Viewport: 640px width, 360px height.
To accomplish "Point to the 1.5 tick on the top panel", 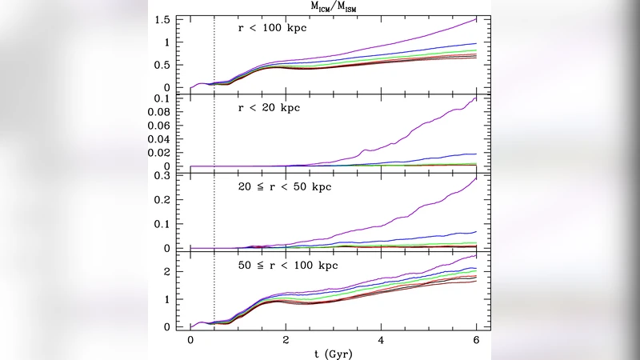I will point(162,19).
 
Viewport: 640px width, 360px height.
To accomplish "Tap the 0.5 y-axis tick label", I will point(162,65).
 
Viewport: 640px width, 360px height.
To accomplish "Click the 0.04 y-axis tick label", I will point(156,140).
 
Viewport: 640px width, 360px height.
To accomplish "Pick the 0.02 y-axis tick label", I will point(156,153).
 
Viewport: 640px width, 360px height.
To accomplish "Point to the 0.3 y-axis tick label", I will point(162,175).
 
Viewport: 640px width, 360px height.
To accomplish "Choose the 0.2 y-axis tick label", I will point(162,199).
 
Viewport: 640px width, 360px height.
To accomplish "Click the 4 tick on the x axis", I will point(381,338).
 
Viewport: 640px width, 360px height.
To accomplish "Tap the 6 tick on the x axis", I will point(477,338).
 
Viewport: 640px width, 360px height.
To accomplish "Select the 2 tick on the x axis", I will point(286,338).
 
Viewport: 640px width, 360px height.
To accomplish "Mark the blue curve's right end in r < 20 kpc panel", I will point(477,154).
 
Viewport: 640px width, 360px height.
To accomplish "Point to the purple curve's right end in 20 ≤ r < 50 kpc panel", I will point(477,178).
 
